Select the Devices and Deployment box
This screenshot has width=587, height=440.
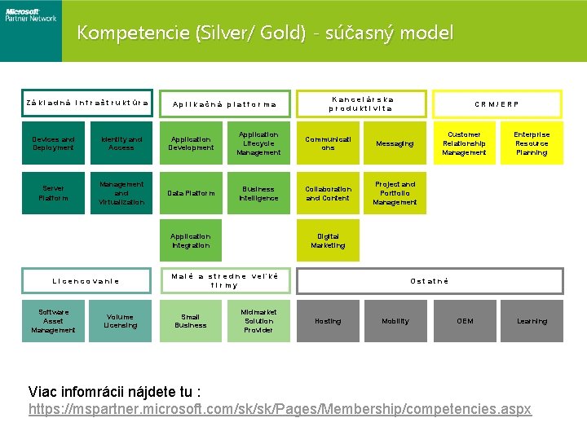(53, 143)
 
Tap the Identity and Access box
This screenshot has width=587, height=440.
(121, 143)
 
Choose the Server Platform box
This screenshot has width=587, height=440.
(53, 193)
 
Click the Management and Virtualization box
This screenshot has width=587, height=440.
(121, 193)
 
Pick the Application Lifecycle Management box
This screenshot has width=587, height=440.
(258, 143)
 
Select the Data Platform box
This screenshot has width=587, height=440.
(191, 193)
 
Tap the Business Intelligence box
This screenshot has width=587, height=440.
(258, 193)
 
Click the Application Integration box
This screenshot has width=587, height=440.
(191, 241)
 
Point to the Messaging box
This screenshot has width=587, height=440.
(395, 143)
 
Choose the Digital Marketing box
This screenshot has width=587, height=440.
(328, 241)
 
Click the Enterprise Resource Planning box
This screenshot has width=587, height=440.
(532, 143)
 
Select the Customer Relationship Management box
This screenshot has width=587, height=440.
(464, 143)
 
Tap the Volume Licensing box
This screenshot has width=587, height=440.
(121, 321)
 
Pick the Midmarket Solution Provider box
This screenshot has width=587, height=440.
(258, 321)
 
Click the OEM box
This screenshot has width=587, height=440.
(464, 321)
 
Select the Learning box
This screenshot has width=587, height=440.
(532, 321)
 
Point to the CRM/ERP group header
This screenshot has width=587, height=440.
(497, 104)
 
